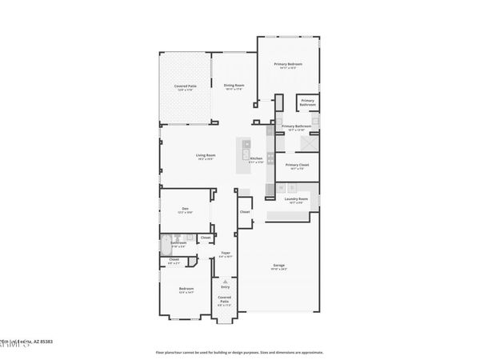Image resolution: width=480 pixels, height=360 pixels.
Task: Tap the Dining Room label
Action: pos(234,85)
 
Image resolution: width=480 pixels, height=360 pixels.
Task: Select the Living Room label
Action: pos(206,155)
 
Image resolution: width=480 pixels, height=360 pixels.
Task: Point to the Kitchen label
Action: pos(256,159)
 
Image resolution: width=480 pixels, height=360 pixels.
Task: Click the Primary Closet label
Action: pos(297,165)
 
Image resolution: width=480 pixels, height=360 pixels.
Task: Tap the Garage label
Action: pos(279,265)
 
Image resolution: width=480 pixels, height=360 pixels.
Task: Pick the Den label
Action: pos(185,209)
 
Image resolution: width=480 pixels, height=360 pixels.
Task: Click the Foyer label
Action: pos(226,254)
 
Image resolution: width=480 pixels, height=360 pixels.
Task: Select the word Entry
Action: pos(226,286)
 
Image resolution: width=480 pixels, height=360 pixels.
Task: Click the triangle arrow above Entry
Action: pos(226,281)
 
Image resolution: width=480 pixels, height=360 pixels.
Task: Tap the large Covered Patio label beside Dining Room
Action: pos(186,86)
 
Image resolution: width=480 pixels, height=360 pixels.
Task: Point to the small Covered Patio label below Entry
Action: pos(225,299)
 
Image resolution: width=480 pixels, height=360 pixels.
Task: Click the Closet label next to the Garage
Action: pos(245,212)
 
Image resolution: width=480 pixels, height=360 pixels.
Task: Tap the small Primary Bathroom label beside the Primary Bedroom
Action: pos(308,102)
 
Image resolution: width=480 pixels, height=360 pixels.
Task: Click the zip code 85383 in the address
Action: pos(46,342)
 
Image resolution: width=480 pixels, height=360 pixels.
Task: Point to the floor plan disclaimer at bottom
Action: pos(240,352)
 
